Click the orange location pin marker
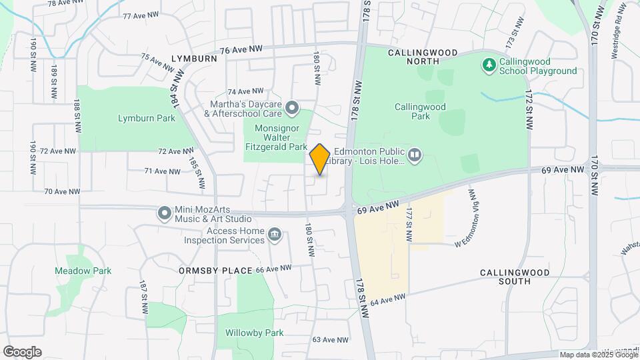(320, 159)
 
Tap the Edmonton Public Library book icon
(415, 156)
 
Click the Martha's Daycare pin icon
(291, 108)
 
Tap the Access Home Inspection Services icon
(275, 235)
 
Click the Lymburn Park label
(147, 119)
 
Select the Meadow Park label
(83, 271)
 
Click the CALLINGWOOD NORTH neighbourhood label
(423, 57)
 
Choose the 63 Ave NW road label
(331, 340)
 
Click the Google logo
(22, 352)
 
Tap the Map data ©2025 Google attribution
(598, 355)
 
